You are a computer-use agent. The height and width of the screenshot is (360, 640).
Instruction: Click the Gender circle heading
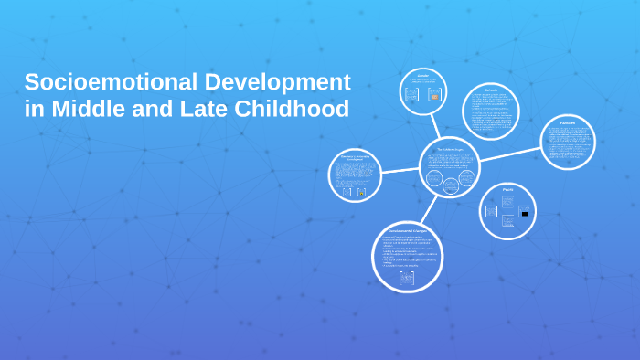tap(422, 75)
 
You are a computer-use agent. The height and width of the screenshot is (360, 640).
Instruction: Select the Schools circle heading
tap(491, 90)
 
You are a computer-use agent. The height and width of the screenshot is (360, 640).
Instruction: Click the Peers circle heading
tap(507, 189)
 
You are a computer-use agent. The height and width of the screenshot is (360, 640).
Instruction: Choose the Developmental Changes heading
tap(407, 230)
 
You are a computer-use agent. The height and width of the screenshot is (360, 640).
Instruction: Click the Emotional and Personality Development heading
tap(355, 157)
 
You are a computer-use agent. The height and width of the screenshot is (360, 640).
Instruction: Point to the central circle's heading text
tap(450, 148)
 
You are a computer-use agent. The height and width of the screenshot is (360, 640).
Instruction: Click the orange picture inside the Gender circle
tap(434, 95)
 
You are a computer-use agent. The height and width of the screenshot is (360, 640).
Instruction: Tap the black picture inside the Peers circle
tap(525, 213)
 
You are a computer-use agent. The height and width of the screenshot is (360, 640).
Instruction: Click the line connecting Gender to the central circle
tap(435, 126)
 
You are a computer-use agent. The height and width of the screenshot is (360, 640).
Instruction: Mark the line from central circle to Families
tap(510, 154)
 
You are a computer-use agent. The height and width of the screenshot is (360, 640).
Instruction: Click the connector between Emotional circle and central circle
tap(400, 170)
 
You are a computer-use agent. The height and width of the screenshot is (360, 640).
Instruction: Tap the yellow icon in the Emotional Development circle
tap(362, 192)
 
